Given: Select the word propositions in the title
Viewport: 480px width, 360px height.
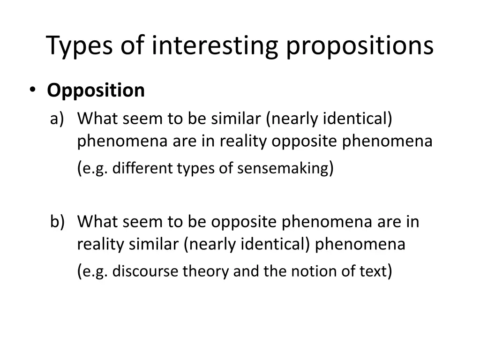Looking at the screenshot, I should tap(360, 46).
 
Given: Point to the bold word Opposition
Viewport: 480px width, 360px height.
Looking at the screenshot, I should tap(96, 90).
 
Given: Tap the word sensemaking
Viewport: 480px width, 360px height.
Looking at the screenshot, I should tap(283, 168).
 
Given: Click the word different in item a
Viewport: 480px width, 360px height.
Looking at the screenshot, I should tap(143, 168).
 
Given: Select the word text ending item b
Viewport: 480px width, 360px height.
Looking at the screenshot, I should tap(372, 271).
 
